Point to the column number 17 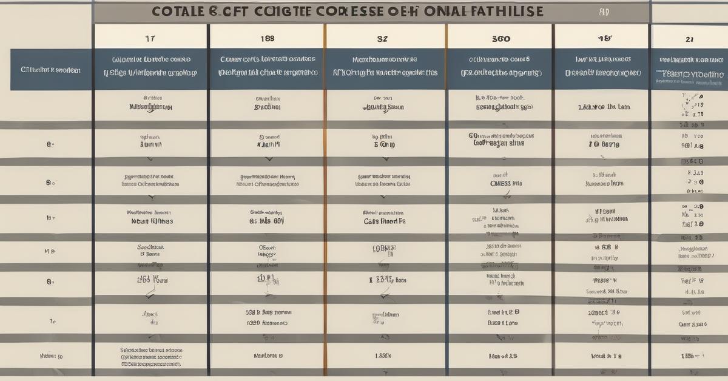pos(150,38)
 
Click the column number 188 pos(267,38)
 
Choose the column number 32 pos(382,38)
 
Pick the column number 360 pos(500,38)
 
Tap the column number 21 pos(689,38)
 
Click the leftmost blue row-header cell pos(51,70)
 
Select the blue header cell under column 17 pos(150,67)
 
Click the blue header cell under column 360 pos(500,67)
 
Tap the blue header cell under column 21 pos(690,67)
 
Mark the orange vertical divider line pos(325,200)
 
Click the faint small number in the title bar pos(604,11)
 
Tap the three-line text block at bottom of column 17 pos(151,357)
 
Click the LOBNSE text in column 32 pos(383,249)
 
